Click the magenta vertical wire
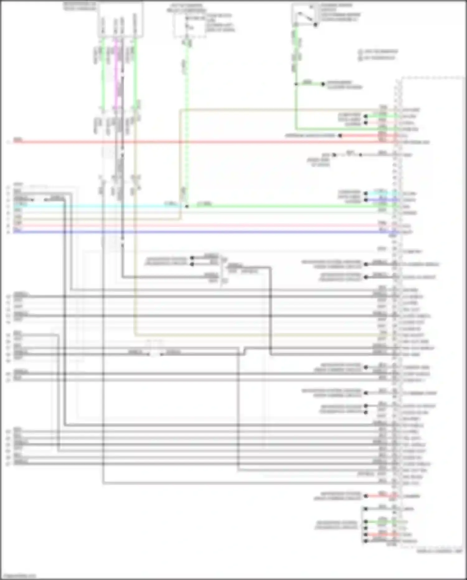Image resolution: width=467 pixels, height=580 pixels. coord(116,75)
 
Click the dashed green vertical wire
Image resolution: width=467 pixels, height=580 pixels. coord(187,125)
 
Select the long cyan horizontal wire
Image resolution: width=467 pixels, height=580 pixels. coord(93,206)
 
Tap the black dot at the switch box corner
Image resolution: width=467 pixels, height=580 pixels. coord(315,24)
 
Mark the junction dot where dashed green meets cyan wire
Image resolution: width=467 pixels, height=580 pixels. coord(187,206)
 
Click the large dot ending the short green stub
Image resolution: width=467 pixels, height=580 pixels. coord(323,84)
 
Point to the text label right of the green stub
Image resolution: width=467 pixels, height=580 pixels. coord(344,85)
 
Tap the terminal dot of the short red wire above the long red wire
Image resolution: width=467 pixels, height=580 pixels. coord(340,136)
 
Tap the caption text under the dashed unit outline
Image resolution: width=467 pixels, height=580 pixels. coord(440,551)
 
